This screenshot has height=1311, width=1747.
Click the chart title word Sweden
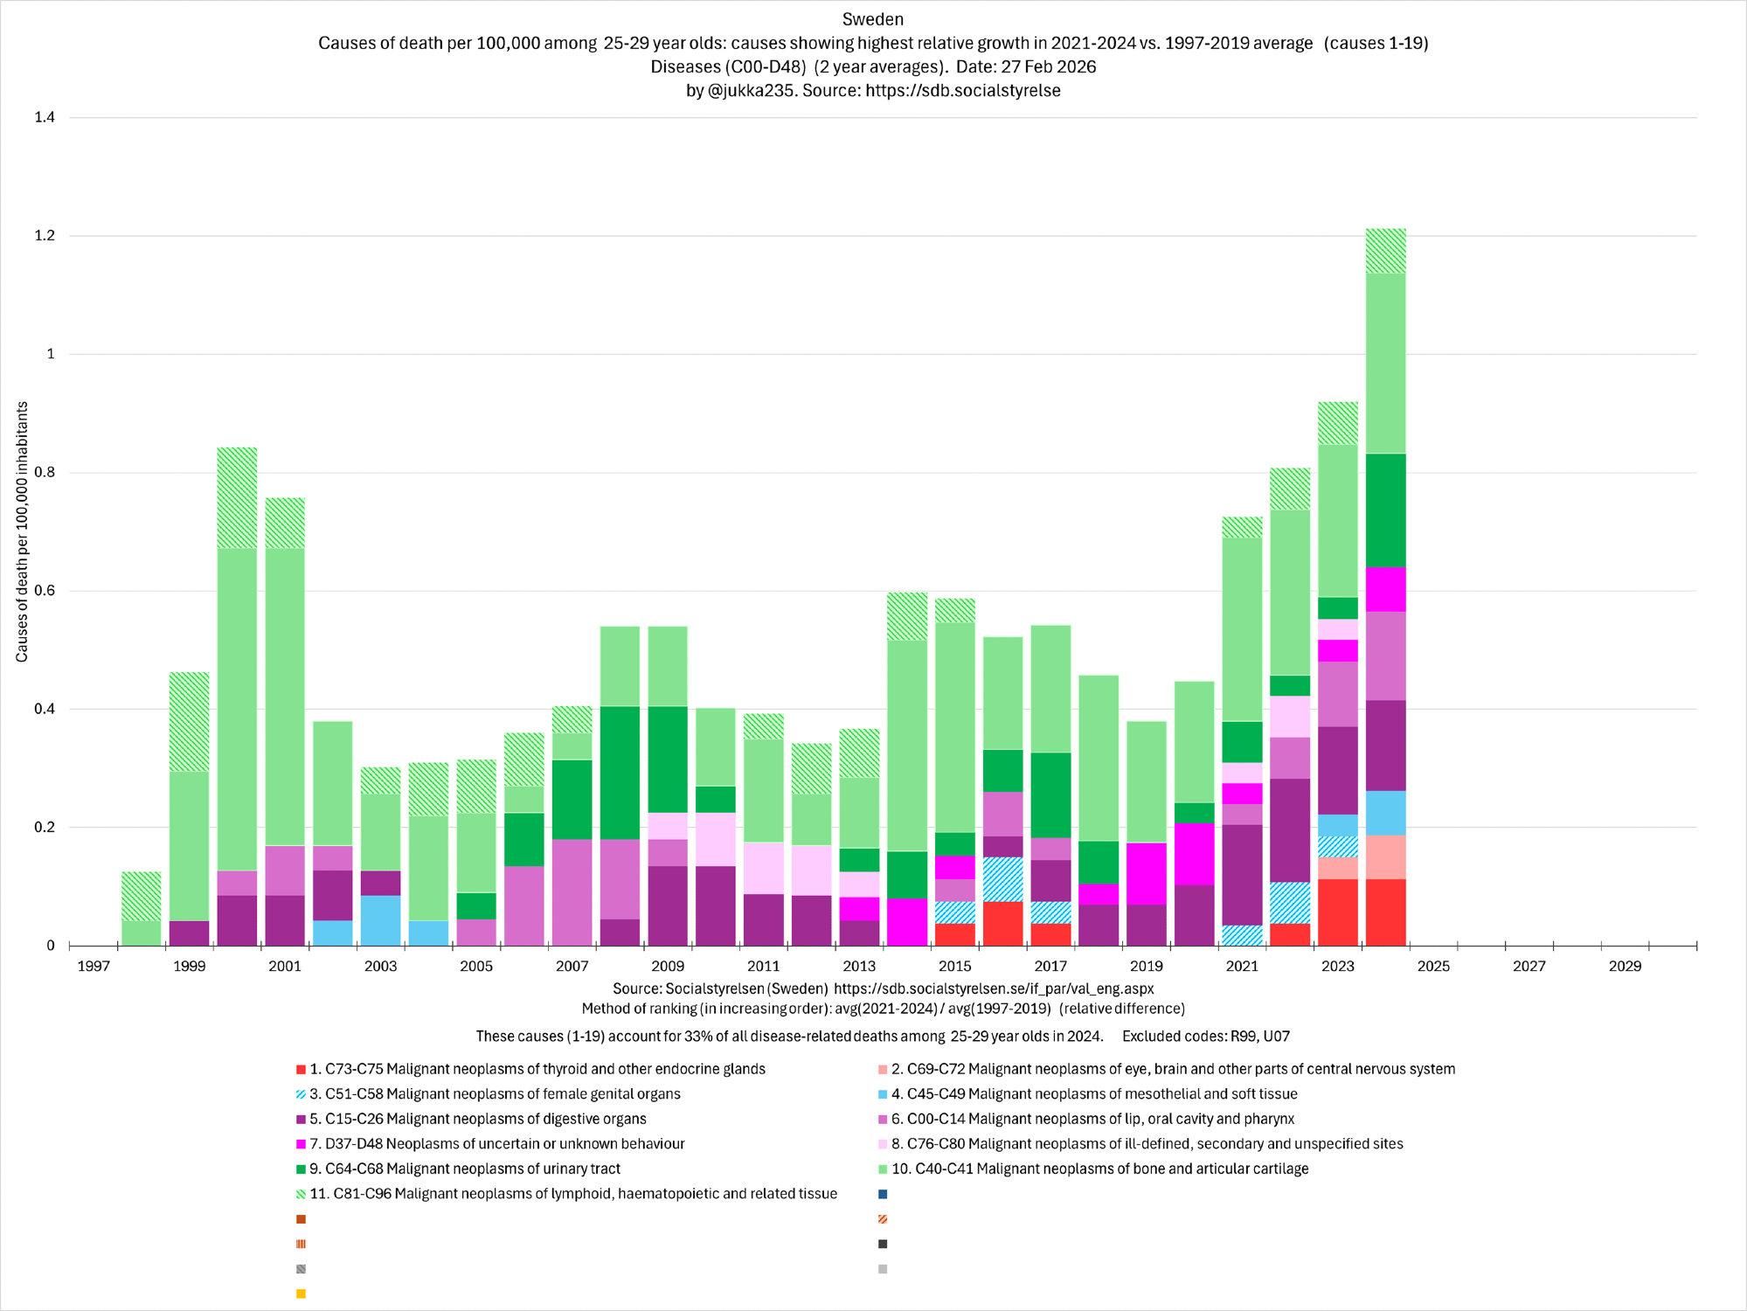(x=872, y=19)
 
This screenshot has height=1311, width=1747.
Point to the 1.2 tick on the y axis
(x=44, y=236)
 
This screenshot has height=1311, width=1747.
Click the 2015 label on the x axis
(x=954, y=966)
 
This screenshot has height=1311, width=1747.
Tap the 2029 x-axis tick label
(x=1625, y=966)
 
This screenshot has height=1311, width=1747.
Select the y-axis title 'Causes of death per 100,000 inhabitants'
(x=22, y=531)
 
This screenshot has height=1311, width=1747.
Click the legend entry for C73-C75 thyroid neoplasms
(x=537, y=1069)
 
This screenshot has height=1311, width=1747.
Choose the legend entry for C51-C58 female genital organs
(x=494, y=1094)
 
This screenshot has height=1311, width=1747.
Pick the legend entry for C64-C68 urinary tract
(x=464, y=1169)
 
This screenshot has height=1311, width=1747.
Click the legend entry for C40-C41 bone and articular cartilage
(x=1099, y=1169)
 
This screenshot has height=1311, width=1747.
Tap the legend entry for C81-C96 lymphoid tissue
(x=572, y=1194)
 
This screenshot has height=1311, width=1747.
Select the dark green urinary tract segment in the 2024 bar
(x=1385, y=510)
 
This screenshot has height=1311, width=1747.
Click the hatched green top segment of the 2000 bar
(x=237, y=498)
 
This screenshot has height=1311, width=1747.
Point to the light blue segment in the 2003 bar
(x=380, y=920)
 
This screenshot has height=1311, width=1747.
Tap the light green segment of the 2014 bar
(x=906, y=746)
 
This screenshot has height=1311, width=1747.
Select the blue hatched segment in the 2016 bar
(x=1002, y=879)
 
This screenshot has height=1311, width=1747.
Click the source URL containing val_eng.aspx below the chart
(x=994, y=989)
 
